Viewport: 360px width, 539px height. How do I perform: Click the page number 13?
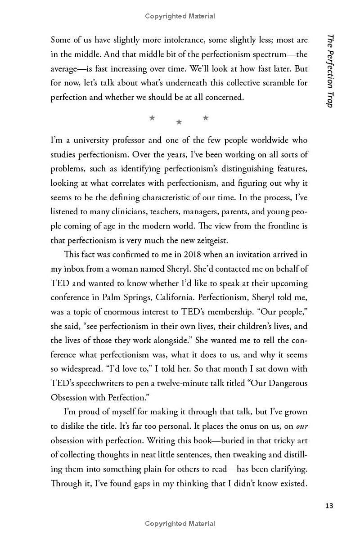click(329, 506)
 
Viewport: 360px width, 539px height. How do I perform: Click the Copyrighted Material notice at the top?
click(180, 16)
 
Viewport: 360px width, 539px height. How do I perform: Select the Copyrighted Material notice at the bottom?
click(180, 523)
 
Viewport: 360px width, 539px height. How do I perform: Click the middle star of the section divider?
click(179, 121)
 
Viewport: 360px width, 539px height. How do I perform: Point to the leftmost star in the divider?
click(152, 118)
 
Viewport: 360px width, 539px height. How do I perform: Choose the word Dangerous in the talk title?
click(285, 383)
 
